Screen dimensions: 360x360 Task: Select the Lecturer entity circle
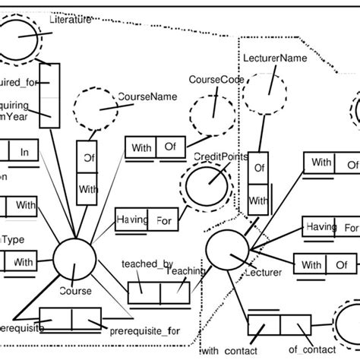point(226,251)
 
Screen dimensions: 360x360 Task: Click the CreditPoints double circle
point(204,187)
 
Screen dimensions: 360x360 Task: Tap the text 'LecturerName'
point(272,57)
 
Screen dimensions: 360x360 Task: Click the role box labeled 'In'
point(24,152)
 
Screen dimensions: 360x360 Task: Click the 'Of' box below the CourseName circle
point(87,158)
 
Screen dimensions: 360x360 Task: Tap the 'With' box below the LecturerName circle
point(259,201)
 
